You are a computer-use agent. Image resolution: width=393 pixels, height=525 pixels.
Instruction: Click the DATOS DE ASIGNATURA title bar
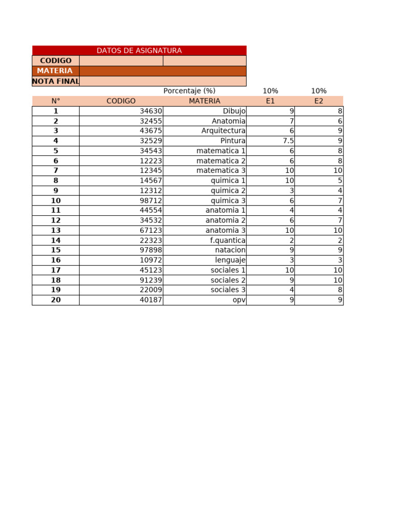tap(139, 50)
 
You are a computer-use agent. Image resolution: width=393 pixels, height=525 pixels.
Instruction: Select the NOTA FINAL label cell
tap(56, 81)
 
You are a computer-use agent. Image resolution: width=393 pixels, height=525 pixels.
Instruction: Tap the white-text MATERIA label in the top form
tap(55, 71)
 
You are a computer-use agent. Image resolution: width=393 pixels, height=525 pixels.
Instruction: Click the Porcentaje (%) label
tap(189, 91)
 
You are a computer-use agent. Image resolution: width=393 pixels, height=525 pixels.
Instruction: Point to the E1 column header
tap(270, 101)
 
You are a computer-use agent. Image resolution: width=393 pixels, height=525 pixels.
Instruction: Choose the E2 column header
tap(319, 101)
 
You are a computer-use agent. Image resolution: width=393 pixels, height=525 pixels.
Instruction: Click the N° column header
tap(56, 101)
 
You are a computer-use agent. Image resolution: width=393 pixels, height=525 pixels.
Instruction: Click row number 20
tap(56, 300)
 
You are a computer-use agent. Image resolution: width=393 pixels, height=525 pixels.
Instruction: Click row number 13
tap(56, 230)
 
